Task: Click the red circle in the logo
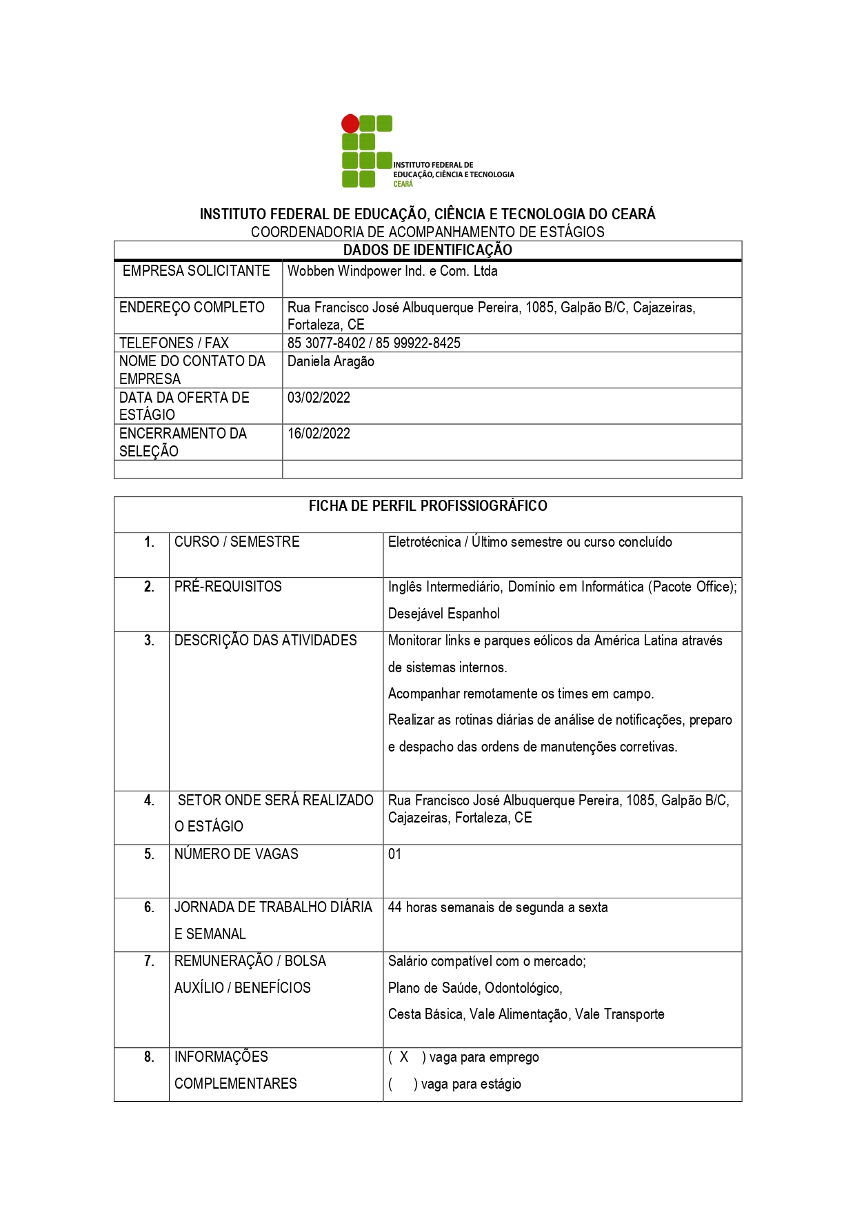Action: [350, 124]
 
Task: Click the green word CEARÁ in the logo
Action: [403, 184]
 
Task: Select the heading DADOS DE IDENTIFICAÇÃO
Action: [428, 250]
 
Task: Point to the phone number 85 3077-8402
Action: [326, 343]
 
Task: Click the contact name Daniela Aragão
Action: [331, 361]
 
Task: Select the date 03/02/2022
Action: [319, 398]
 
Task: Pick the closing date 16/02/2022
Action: [319, 434]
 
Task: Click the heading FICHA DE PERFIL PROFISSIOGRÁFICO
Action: [428, 506]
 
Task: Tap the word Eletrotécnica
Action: [424, 542]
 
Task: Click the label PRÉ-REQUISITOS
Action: [228, 587]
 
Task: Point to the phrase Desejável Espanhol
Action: [443, 614]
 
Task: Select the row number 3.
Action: [149, 641]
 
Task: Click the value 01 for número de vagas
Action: [394, 854]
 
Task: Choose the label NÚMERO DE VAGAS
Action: [237, 854]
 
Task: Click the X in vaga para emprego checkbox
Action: [404, 1057]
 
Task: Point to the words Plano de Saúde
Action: [434, 988]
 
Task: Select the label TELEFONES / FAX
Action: [174, 343]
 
